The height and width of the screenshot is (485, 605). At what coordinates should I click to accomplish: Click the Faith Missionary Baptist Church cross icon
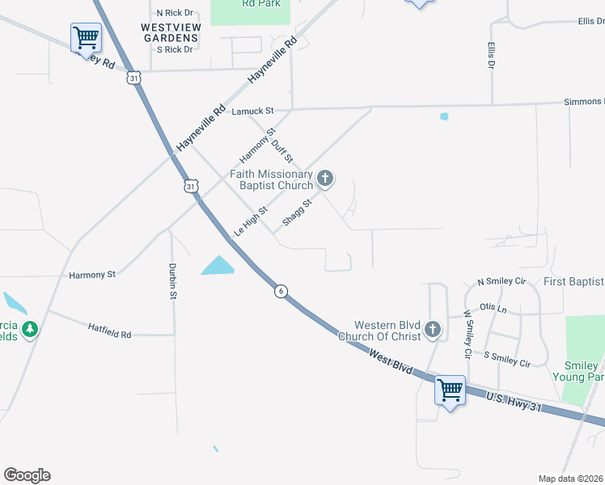tap(325, 179)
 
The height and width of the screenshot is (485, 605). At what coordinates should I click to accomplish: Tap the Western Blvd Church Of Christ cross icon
tap(433, 329)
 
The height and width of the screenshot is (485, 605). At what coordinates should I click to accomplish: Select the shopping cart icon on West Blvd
tap(450, 391)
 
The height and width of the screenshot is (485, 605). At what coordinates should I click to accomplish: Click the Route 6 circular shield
tap(280, 291)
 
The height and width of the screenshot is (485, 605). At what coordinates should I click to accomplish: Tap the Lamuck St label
tap(253, 110)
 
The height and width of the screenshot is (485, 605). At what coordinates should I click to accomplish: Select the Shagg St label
tap(297, 212)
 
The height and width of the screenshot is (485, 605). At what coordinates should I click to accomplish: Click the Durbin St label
tap(173, 281)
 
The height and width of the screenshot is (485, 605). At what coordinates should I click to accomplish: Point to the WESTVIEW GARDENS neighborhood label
tap(170, 32)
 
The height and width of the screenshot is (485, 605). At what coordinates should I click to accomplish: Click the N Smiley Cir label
tap(501, 281)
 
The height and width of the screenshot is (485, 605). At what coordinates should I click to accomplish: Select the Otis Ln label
tap(493, 307)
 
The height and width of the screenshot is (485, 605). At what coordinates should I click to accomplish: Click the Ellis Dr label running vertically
tap(491, 55)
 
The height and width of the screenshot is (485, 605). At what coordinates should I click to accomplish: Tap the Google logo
tap(27, 475)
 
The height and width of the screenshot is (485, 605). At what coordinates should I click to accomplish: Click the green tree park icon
tap(30, 329)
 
